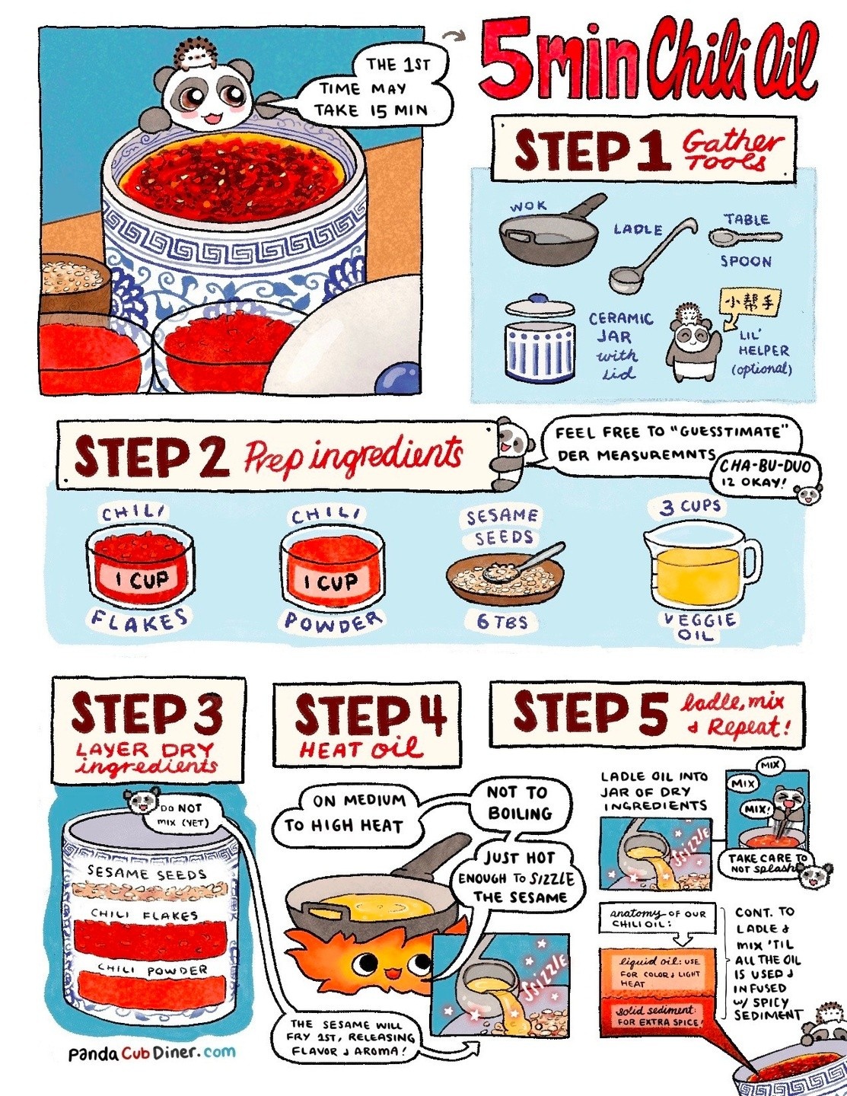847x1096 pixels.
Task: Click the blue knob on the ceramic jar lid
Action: (540, 298)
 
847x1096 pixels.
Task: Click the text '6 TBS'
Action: (502, 621)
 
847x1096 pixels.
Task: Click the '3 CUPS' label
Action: (690, 507)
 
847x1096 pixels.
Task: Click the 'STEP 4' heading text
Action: (370, 715)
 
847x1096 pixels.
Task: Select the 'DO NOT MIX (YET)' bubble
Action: (182, 816)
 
